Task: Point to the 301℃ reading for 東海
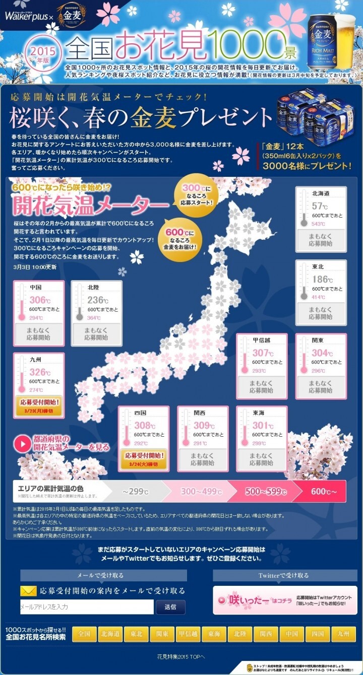pyautogui.click(x=262, y=425)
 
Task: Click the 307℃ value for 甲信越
pyautogui.click(x=262, y=354)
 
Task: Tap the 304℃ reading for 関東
pyautogui.click(x=320, y=354)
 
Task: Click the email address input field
pyautogui.click(x=87, y=606)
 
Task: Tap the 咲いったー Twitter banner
pyautogui.click(x=285, y=600)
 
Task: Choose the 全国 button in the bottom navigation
pyautogui.click(x=84, y=634)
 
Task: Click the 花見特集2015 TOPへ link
pyautogui.click(x=181, y=657)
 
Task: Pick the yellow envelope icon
pyautogui.click(x=28, y=591)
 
